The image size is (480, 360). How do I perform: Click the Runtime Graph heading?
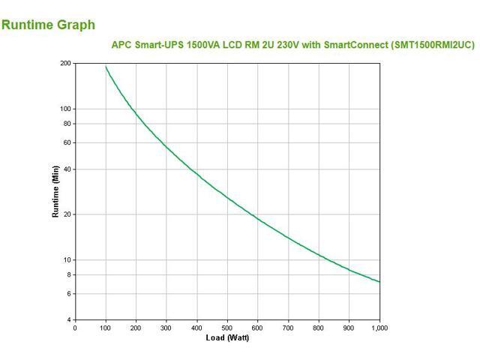pyautogui.click(x=49, y=25)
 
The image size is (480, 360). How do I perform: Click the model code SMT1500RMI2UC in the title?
pyautogui.click(x=433, y=45)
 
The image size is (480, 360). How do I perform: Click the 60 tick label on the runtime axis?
pyautogui.click(x=67, y=142)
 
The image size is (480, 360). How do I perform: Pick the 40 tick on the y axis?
pyautogui.click(x=67, y=169)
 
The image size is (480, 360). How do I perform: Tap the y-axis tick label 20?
pyautogui.click(x=67, y=214)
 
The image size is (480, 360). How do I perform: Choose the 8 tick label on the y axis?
pyautogui.click(x=68, y=274)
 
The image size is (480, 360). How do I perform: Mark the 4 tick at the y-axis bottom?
pyautogui.click(x=68, y=320)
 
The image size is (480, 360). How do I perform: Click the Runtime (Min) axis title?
pyautogui.click(x=55, y=192)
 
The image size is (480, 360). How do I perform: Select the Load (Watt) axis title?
pyautogui.click(x=227, y=337)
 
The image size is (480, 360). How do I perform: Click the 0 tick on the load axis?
pyautogui.click(x=75, y=328)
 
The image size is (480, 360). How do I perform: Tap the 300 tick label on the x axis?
pyautogui.click(x=166, y=328)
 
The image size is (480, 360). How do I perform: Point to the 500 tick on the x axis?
pyautogui.click(x=227, y=328)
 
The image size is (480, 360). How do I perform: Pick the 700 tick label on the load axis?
pyautogui.click(x=288, y=328)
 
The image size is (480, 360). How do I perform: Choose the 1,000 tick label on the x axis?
pyautogui.click(x=379, y=328)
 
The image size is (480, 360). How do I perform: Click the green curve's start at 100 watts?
pyautogui.click(x=106, y=67)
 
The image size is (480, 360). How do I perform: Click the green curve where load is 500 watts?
pyautogui.click(x=227, y=197)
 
